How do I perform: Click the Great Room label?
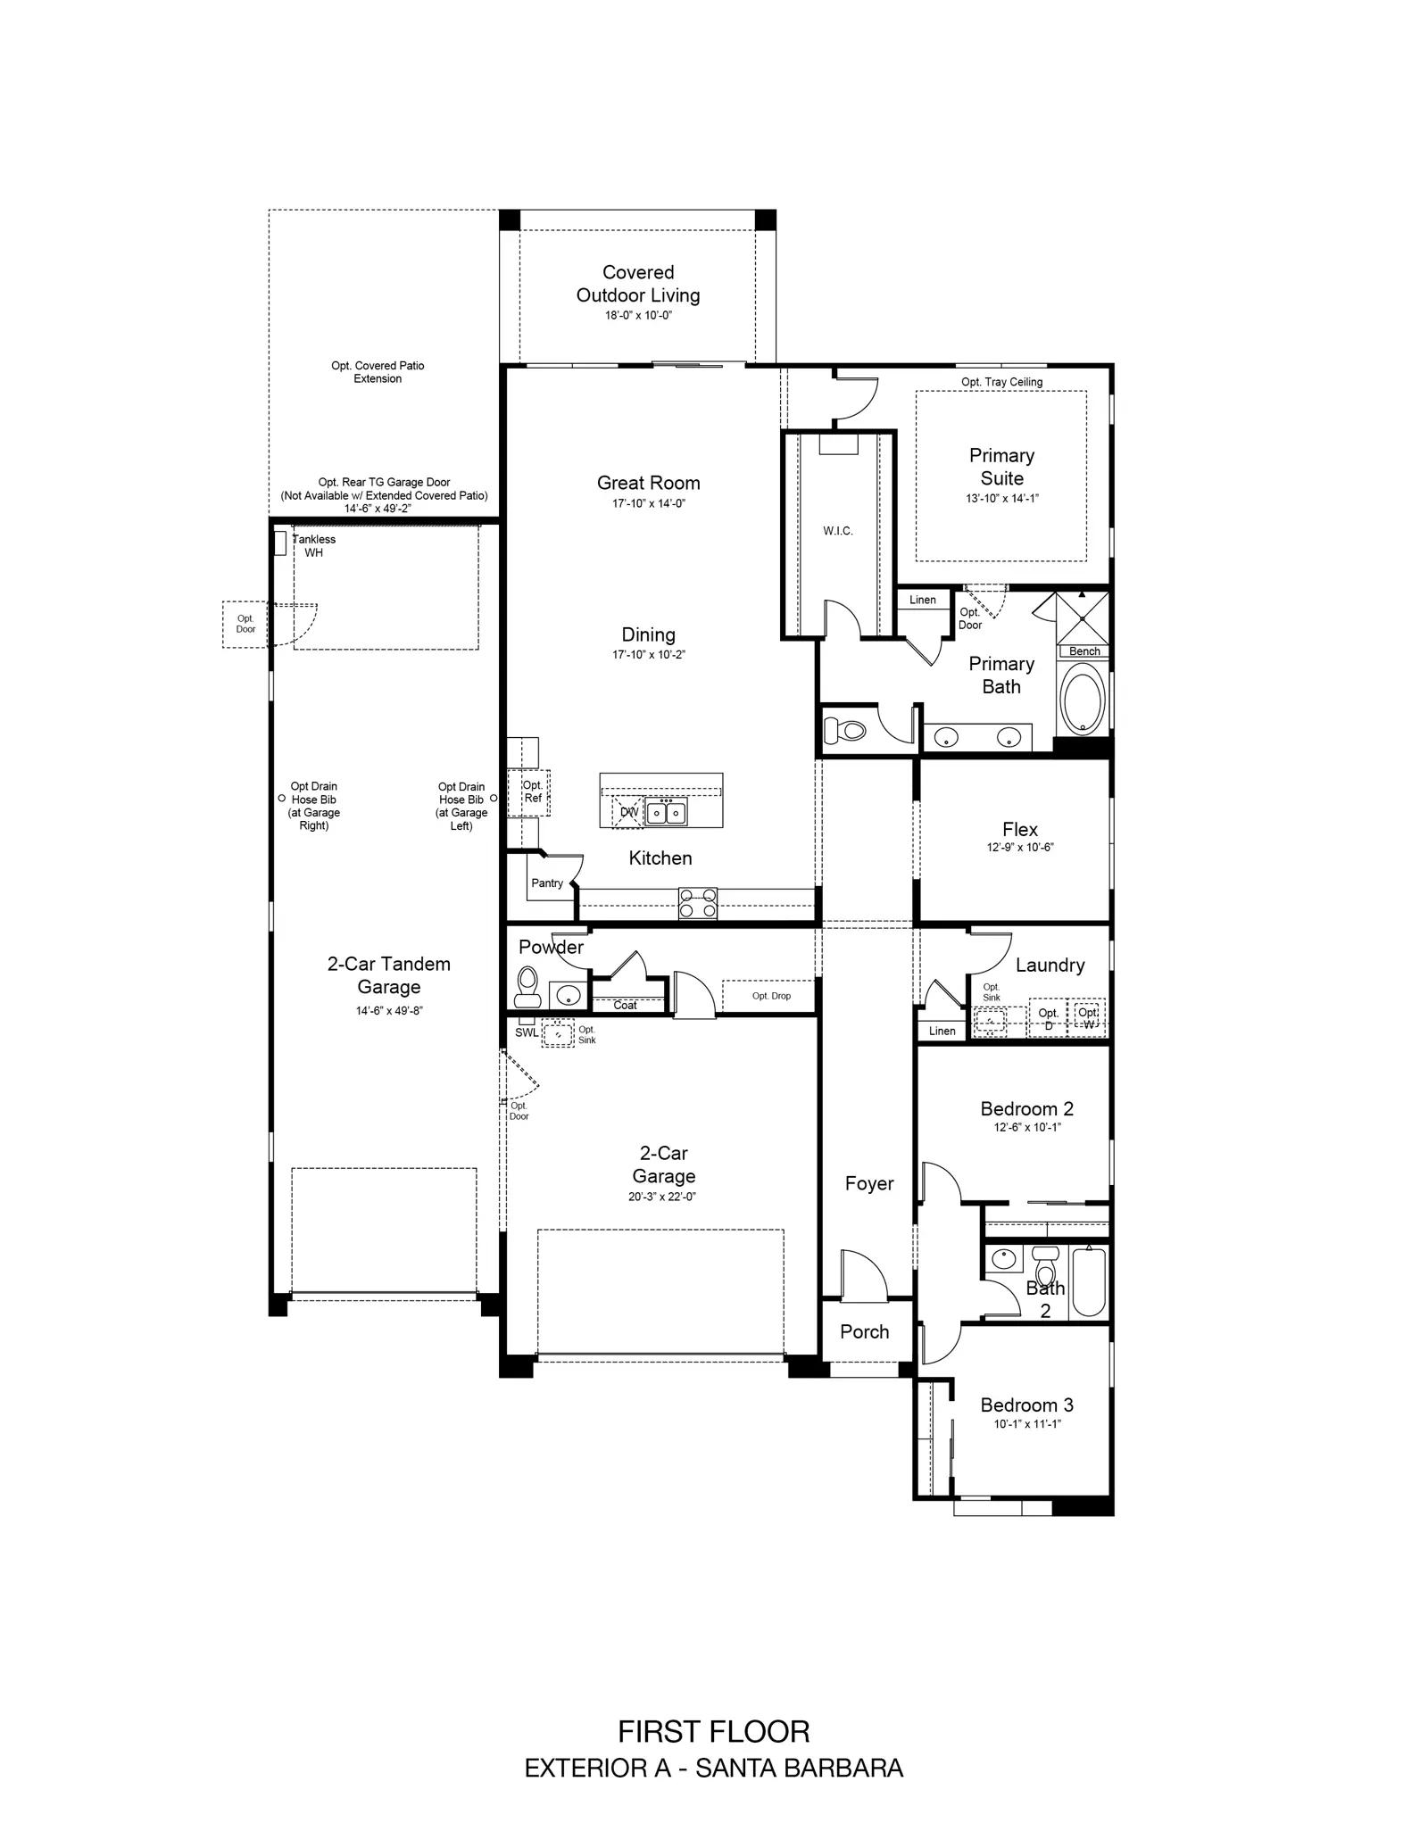(x=648, y=483)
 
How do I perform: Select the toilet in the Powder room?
(x=528, y=986)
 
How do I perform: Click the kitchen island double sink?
(x=667, y=812)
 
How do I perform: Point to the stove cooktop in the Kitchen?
(x=698, y=903)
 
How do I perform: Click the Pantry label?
(x=547, y=883)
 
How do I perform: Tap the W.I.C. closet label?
(x=838, y=531)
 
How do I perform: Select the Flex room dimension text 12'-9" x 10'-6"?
(x=1019, y=848)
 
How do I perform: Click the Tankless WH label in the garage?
(x=314, y=546)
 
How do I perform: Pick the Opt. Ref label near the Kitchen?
(x=533, y=791)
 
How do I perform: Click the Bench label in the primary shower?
(x=1084, y=651)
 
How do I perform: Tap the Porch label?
(x=865, y=1332)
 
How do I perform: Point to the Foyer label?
(x=869, y=1184)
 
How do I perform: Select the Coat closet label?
(x=625, y=1006)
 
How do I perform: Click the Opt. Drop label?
(x=771, y=996)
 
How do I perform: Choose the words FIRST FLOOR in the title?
(x=714, y=1732)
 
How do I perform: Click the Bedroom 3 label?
(x=1026, y=1405)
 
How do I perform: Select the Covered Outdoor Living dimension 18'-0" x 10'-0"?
(x=638, y=316)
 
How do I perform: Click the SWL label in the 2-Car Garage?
(x=527, y=1033)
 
